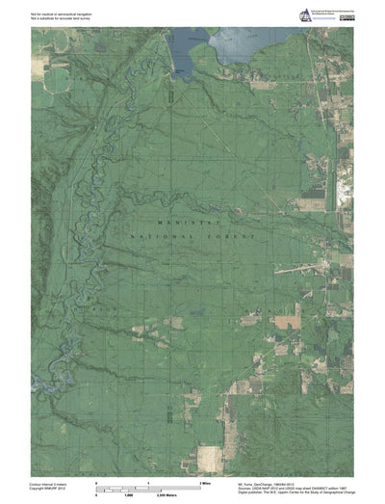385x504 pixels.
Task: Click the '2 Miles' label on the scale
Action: coord(204,481)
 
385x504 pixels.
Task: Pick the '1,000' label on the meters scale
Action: coord(127,492)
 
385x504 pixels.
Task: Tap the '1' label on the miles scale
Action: coord(148,481)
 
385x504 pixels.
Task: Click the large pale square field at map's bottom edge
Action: coord(209,457)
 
